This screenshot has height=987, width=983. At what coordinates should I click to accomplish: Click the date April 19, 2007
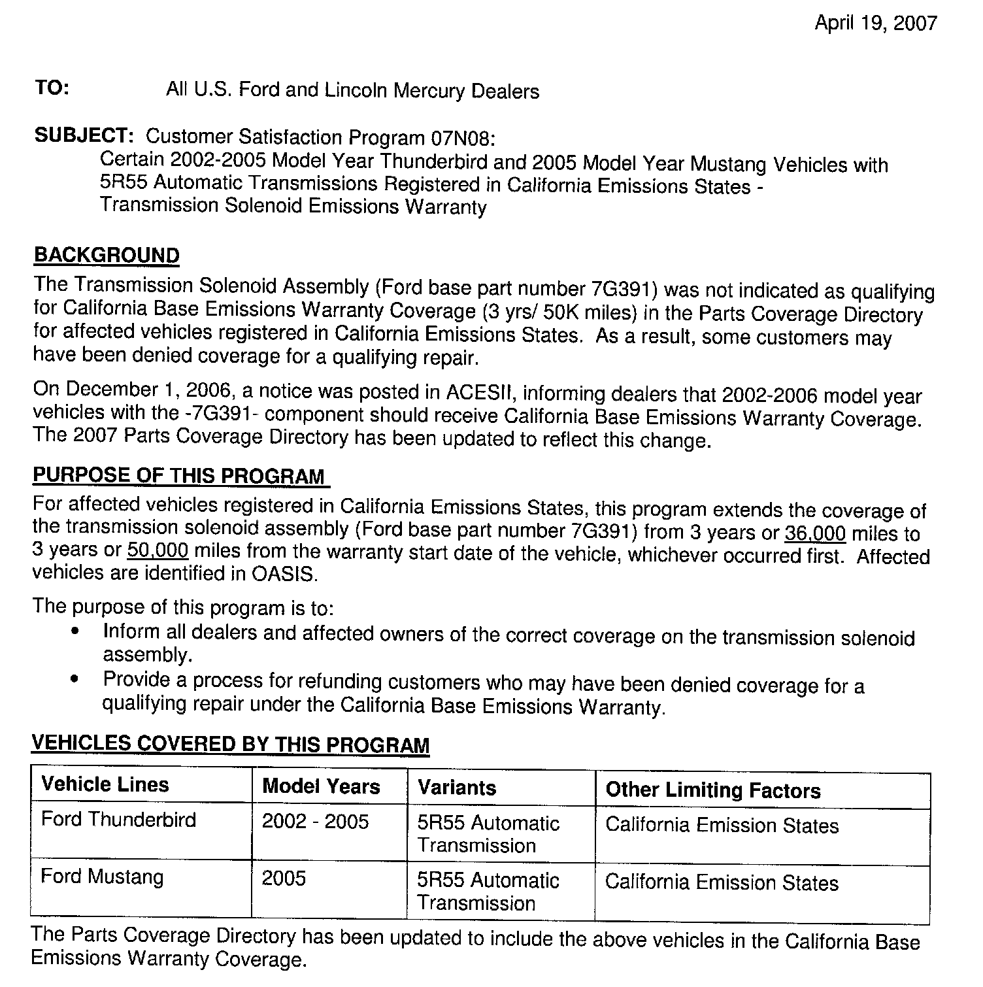click(x=875, y=24)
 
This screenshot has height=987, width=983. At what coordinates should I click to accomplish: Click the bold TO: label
click(x=52, y=88)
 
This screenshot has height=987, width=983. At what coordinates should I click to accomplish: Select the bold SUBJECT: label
click(x=84, y=135)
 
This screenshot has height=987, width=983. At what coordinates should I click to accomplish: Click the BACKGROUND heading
click(x=107, y=255)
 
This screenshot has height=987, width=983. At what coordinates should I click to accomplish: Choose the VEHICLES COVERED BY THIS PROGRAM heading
click(x=230, y=744)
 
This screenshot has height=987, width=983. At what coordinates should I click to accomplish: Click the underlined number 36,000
click(x=815, y=534)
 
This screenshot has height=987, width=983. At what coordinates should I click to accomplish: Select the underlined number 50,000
click(x=158, y=550)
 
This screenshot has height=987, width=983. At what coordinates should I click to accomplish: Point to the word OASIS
click(x=284, y=574)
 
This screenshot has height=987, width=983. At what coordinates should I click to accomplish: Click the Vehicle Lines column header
click(x=105, y=784)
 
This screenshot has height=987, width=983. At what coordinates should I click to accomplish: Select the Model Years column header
click(x=321, y=786)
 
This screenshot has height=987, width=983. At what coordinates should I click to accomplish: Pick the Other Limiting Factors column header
click(x=713, y=790)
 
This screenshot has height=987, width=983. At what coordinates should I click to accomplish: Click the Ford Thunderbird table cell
click(x=118, y=820)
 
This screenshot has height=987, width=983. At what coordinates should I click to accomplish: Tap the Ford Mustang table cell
click(x=102, y=877)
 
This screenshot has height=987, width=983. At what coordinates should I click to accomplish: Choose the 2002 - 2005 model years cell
click(x=315, y=822)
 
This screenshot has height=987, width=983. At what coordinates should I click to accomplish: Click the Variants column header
click(x=457, y=788)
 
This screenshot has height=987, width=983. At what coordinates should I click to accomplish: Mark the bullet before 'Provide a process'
click(x=77, y=679)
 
